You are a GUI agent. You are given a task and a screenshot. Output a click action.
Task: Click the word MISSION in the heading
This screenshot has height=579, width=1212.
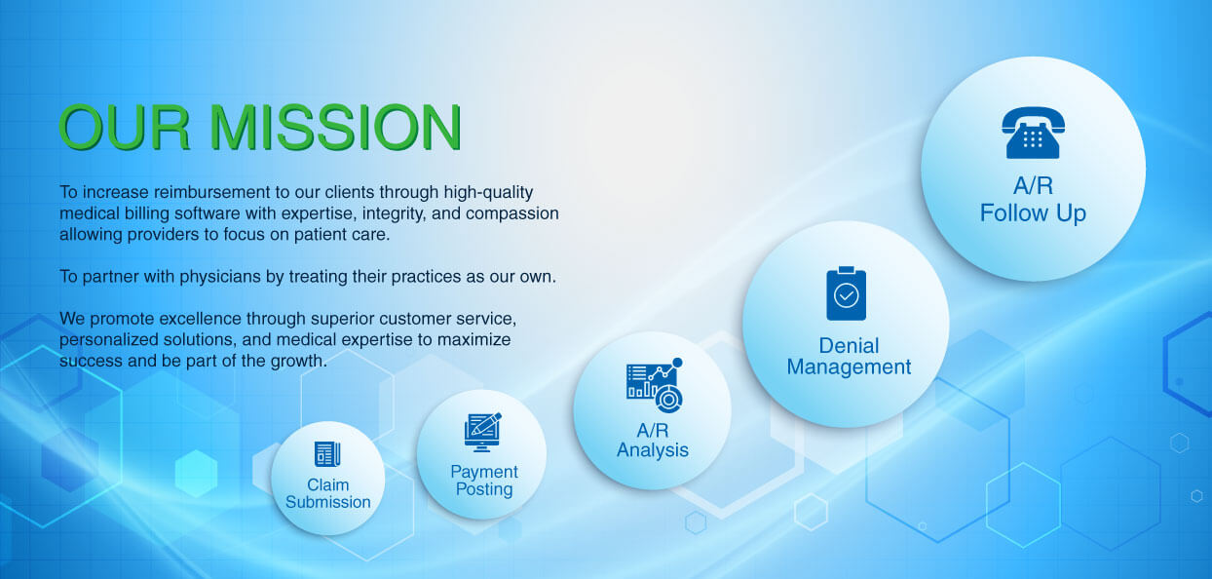[x=335, y=127]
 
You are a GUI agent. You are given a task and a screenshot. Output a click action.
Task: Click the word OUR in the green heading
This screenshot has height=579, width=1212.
[x=125, y=127]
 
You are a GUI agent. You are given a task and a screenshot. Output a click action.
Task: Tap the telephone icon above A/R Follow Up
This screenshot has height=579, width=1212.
[x=1033, y=133]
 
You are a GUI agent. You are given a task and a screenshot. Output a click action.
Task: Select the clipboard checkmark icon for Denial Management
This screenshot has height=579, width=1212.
[x=847, y=293]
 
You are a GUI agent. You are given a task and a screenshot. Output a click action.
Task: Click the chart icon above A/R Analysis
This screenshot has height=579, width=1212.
[x=655, y=384]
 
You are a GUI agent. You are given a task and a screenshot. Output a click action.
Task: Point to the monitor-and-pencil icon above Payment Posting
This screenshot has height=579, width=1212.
[x=482, y=432]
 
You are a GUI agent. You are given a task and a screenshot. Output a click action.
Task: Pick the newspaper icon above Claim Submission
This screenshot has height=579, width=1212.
[x=327, y=453]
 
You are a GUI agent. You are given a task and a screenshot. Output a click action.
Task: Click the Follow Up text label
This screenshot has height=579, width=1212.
[x=1033, y=213]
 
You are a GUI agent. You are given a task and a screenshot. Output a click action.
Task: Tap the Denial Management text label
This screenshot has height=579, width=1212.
[x=849, y=356]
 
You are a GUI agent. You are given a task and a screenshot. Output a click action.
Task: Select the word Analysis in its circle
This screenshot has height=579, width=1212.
[x=653, y=450]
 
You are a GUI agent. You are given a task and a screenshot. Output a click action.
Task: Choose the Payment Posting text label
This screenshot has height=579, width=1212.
[x=483, y=481]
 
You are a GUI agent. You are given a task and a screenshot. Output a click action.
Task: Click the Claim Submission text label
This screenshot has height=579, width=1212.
[x=328, y=493]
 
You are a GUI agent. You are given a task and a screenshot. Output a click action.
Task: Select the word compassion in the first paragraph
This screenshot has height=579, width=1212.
[x=511, y=213]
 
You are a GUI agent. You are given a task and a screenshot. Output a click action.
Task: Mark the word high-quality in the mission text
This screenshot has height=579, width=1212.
[x=488, y=192]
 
